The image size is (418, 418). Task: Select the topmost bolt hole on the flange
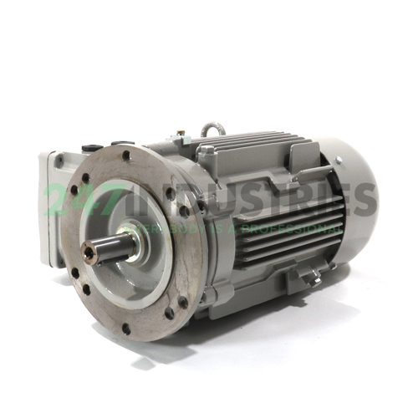pyautogui.click(x=126, y=156)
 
